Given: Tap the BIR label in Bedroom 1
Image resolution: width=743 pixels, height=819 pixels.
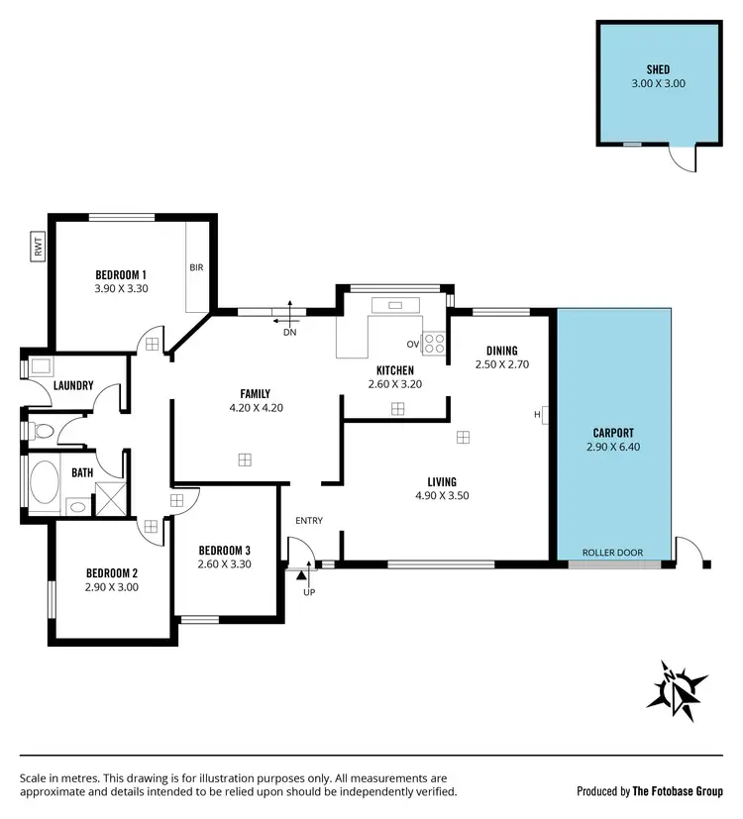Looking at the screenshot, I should click(x=196, y=267).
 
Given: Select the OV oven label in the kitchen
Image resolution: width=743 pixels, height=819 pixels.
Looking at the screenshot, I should click(x=412, y=345).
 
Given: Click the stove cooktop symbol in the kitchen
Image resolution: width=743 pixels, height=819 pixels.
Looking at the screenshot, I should click(x=434, y=344).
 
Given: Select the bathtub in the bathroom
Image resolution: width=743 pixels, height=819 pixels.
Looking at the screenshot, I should click(x=46, y=484).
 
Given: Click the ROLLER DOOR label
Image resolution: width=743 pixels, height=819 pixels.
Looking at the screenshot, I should click(x=612, y=553).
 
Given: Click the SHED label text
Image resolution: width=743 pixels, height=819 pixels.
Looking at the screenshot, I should click(x=659, y=70).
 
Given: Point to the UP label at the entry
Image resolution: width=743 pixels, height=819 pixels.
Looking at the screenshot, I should click(x=309, y=592).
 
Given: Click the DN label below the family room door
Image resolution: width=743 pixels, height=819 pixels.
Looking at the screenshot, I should click(x=290, y=333).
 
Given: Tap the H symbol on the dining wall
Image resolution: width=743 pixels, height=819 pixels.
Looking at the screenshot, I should click(x=538, y=414).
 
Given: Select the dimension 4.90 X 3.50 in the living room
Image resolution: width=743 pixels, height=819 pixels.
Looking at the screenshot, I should click(x=442, y=496).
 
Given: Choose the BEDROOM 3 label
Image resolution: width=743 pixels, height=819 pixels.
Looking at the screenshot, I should click(x=225, y=551).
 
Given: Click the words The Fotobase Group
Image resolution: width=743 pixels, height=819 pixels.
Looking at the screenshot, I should click(x=677, y=791).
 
